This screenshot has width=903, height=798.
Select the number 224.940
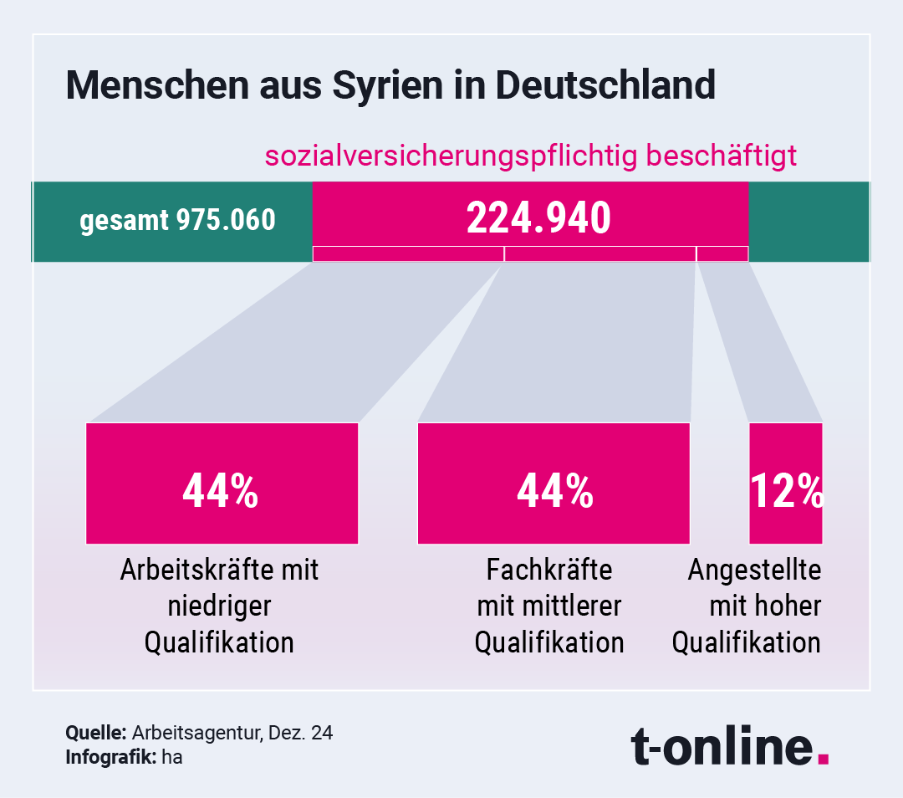point(538,218)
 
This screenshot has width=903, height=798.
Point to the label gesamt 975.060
point(177,221)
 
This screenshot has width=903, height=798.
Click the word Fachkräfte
point(549,570)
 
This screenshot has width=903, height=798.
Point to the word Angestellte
point(755,570)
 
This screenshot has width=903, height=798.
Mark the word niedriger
point(220,606)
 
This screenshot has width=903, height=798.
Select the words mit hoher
point(765,606)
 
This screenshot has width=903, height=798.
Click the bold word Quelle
point(95,734)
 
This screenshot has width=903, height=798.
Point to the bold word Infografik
point(106,758)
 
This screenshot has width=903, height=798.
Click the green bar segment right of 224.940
point(809,222)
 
